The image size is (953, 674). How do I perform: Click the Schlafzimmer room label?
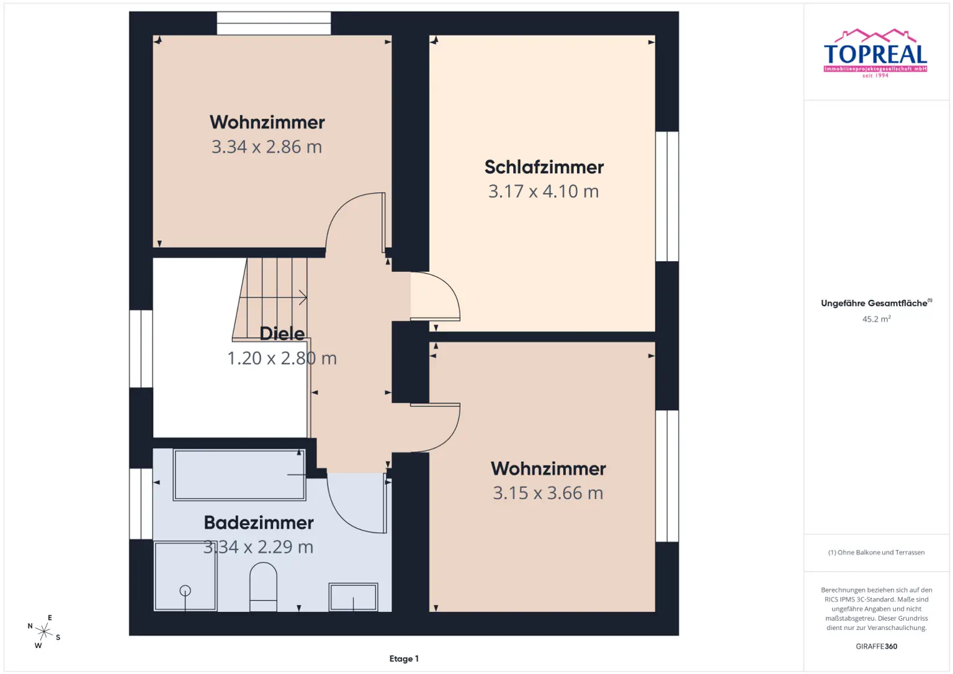544,167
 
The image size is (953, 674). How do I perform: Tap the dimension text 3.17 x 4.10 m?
544,191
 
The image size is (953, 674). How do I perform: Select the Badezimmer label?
259,523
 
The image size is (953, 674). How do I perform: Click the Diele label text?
282,333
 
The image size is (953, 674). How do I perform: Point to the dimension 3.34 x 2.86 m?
267,147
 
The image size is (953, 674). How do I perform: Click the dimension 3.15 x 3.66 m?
548,493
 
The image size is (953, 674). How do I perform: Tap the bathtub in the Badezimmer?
239,475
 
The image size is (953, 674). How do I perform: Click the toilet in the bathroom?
263,586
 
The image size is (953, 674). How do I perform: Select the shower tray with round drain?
185,577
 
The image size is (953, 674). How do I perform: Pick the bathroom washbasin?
353,597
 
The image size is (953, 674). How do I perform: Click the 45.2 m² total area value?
876,319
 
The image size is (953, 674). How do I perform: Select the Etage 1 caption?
404,658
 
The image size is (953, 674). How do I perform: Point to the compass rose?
43,632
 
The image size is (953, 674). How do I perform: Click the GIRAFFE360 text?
876,646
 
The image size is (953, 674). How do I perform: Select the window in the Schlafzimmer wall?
667,196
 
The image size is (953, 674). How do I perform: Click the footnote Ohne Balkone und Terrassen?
876,552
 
